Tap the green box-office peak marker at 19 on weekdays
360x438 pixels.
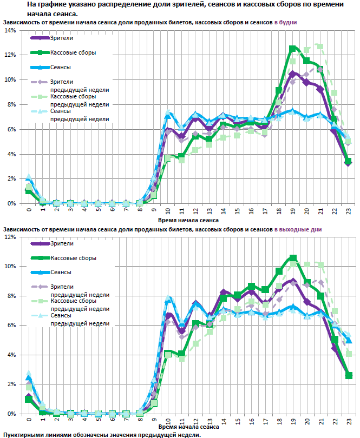[x=293, y=49]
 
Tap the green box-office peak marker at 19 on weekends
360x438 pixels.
[x=293, y=258]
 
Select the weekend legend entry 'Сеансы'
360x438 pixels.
[x=61, y=273]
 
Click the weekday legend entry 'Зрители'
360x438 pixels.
[x=61, y=38]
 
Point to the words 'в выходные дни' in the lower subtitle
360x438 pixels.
[x=298, y=229]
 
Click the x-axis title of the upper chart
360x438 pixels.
[x=188, y=221]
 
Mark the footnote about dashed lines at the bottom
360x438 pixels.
[x=102, y=435]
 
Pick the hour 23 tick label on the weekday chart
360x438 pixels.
[x=349, y=211]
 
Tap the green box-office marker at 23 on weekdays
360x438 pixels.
[x=349, y=161]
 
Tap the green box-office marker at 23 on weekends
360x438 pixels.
[x=349, y=375]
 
